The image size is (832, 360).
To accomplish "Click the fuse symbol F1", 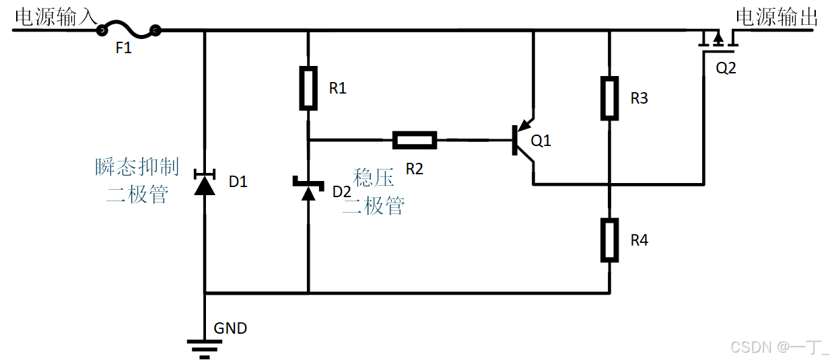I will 128,29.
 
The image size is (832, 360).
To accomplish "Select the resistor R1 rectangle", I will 308,88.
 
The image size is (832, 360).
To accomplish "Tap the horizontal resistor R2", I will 414,140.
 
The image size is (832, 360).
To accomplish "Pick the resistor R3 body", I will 609,98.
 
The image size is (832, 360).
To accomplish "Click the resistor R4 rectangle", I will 609,240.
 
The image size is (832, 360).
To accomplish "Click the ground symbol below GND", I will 205,347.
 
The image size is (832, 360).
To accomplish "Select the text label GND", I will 230,328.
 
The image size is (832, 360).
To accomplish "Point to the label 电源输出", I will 776,17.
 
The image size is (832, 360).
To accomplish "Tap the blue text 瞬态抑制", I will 137,167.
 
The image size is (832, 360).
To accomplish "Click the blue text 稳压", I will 374,178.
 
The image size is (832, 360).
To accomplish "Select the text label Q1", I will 541,141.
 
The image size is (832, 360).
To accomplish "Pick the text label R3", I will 639,98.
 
